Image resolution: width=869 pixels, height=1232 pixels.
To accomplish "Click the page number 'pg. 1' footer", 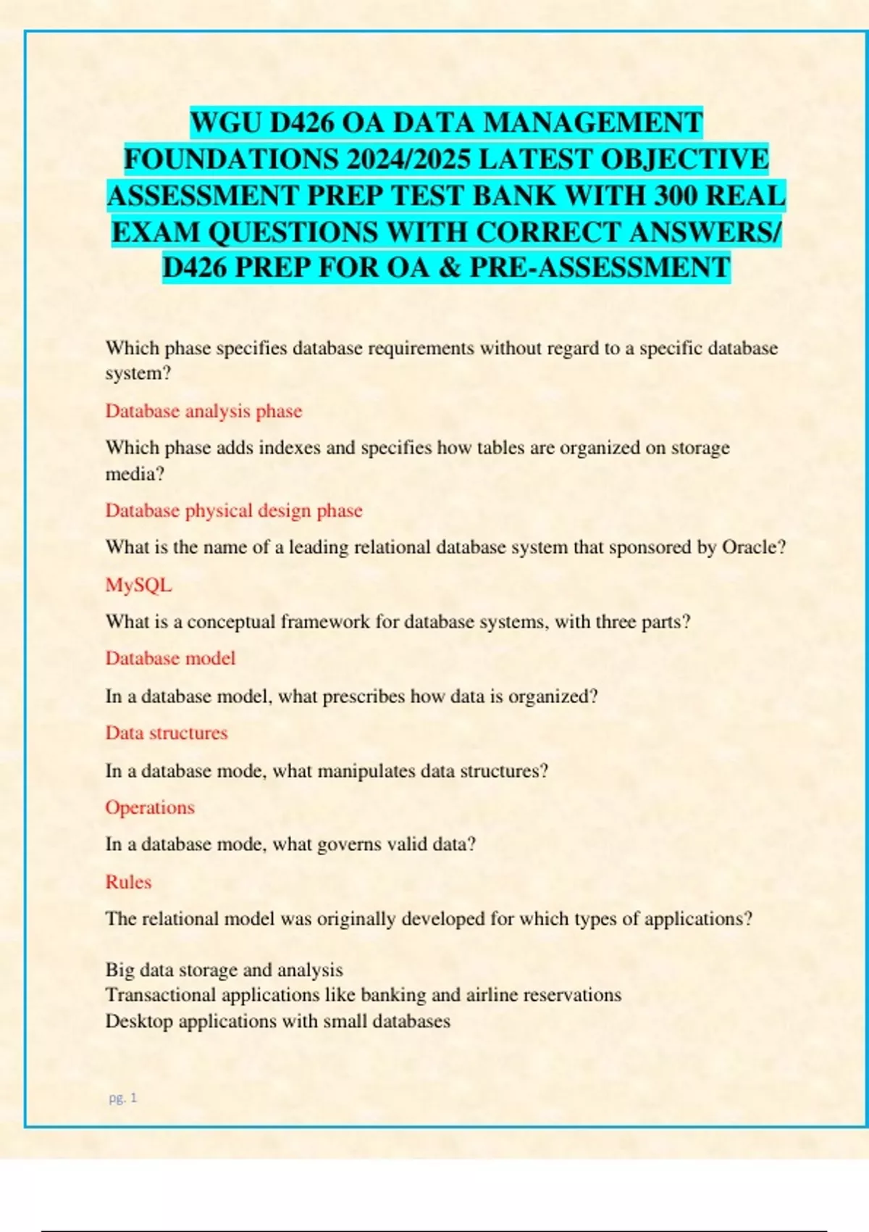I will click(x=122, y=1098).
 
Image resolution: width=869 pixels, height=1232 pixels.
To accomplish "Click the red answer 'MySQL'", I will click(x=138, y=585).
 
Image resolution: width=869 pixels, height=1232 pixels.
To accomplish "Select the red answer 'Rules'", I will click(x=128, y=882).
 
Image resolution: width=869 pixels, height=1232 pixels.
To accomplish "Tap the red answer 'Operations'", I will click(x=150, y=807).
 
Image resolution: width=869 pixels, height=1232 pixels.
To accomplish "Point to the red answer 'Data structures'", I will click(x=167, y=733).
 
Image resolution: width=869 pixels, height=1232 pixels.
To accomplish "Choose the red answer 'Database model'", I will click(x=170, y=658).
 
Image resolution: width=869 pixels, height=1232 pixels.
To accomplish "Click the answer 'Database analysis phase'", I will click(x=203, y=411).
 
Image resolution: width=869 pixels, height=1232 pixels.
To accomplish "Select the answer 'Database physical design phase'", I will click(x=234, y=510).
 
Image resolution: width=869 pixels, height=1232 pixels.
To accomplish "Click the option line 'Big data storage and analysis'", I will click(x=224, y=970).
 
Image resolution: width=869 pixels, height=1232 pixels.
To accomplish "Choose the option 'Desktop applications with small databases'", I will click(x=278, y=1021).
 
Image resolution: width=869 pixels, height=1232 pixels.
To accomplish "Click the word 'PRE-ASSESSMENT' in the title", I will click(x=600, y=267).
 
